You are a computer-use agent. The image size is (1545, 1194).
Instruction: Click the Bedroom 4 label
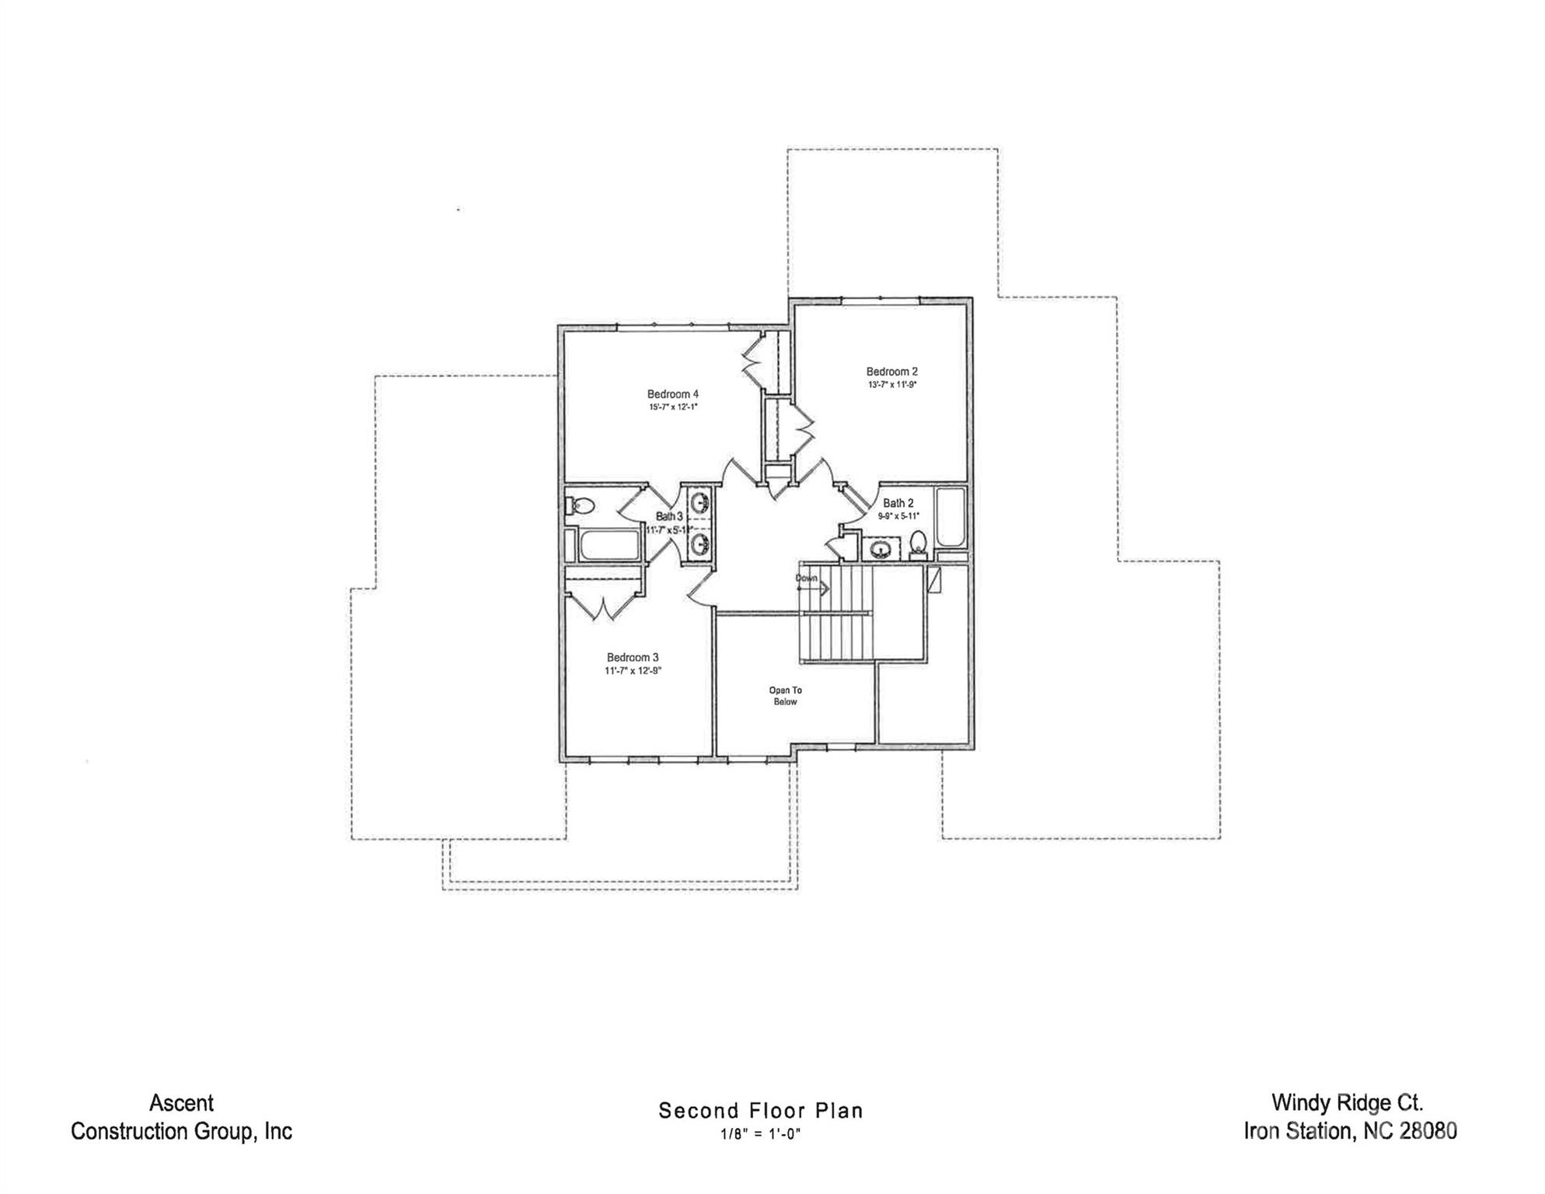pos(672,394)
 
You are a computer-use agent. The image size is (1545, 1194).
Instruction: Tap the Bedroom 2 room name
pos(891,372)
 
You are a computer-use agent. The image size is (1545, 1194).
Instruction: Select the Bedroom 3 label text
pos(633,658)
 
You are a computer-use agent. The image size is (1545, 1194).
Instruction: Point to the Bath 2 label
pos(898,503)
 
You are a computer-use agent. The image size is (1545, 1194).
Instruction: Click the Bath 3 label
pos(668,516)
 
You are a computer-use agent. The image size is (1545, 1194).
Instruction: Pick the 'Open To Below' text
pos(785,696)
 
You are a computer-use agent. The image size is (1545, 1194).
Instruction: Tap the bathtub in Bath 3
pos(609,545)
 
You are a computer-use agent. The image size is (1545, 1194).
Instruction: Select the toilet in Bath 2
pos(919,544)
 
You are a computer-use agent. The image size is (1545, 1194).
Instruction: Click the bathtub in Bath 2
pos(950,517)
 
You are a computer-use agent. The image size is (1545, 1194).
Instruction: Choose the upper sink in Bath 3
pos(700,501)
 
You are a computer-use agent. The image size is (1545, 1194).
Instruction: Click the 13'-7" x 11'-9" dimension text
pos(892,385)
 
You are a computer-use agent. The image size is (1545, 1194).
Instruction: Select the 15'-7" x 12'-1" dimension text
pos(673,407)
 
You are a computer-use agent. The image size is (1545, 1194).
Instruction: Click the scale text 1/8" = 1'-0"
pos(760,1134)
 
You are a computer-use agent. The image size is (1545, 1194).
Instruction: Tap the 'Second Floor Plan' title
pos(760,1111)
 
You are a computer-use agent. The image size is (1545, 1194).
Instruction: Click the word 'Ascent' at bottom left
pos(181,1103)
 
